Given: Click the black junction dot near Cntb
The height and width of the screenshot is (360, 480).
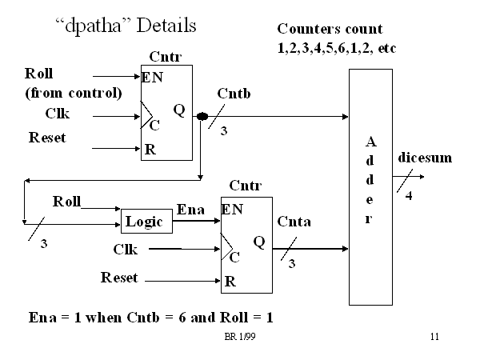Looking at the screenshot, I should pos(202,116).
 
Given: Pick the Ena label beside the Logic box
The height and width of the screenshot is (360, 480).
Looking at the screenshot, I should pos(191,210).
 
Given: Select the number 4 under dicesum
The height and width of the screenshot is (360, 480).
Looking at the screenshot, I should pos(410,195).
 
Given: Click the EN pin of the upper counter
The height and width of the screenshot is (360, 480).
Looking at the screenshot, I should pos(153,78).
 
